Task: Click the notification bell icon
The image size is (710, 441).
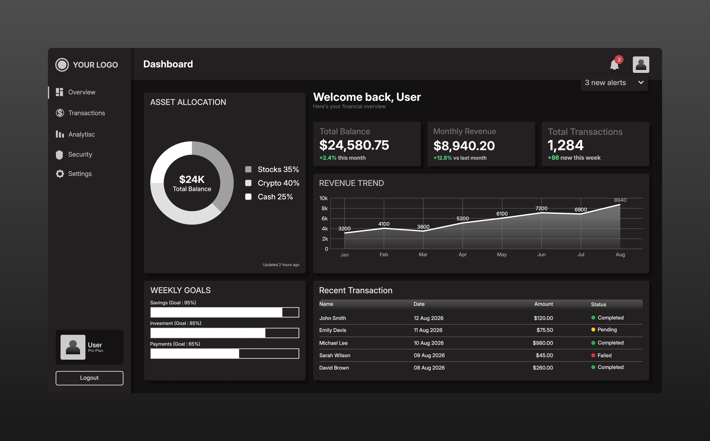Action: click(x=614, y=65)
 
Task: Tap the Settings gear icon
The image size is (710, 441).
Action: click(x=60, y=174)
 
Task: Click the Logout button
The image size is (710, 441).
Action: click(x=89, y=378)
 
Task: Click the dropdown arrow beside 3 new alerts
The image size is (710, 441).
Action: click(x=641, y=82)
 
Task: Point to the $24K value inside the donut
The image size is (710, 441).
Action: click(x=192, y=180)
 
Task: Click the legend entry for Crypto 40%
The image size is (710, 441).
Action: click(x=272, y=183)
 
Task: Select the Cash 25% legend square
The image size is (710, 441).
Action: click(x=248, y=197)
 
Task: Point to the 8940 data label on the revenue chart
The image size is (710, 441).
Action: click(x=620, y=200)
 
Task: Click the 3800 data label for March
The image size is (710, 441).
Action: click(x=423, y=227)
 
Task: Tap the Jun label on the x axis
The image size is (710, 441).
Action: click(x=541, y=254)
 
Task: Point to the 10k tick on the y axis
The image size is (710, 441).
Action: click(x=324, y=198)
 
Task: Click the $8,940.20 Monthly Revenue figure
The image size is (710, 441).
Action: click(x=464, y=146)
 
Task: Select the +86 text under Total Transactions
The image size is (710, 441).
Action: click(x=553, y=158)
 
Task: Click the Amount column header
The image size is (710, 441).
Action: click(x=544, y=304)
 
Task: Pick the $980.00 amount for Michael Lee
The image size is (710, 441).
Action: click(x=543, y=343)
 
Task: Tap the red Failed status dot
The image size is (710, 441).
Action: click(x=593, y=355)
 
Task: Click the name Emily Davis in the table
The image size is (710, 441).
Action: click(x=333, y=330)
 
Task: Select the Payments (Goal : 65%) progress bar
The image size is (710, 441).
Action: click(x=225, y=353)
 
